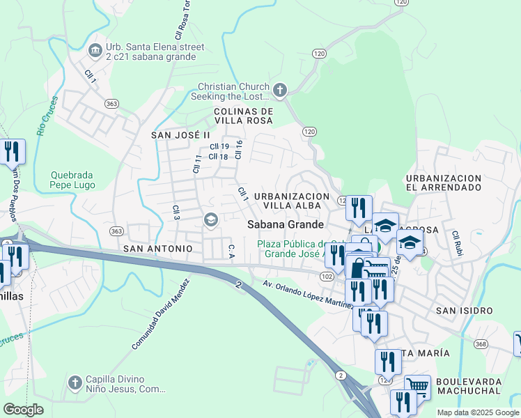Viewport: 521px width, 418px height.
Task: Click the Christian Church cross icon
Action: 280,90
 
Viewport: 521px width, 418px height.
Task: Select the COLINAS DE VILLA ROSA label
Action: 243,116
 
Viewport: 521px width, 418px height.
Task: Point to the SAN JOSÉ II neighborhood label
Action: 180,134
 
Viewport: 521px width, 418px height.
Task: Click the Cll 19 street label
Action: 219,146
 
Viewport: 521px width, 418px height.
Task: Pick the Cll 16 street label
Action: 238,149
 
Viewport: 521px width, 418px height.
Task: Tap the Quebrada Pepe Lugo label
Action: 73,180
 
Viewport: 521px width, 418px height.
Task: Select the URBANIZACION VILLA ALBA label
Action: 291,201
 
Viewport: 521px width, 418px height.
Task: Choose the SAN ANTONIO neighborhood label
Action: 157,248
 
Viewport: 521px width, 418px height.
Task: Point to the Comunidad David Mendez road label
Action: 160,314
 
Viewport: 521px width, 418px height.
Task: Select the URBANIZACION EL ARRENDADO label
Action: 444,183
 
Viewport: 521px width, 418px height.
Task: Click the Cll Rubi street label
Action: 457,244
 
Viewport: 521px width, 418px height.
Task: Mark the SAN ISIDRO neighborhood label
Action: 463,310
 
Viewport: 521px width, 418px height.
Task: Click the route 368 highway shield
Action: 481,343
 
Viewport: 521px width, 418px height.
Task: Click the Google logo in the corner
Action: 23,410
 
